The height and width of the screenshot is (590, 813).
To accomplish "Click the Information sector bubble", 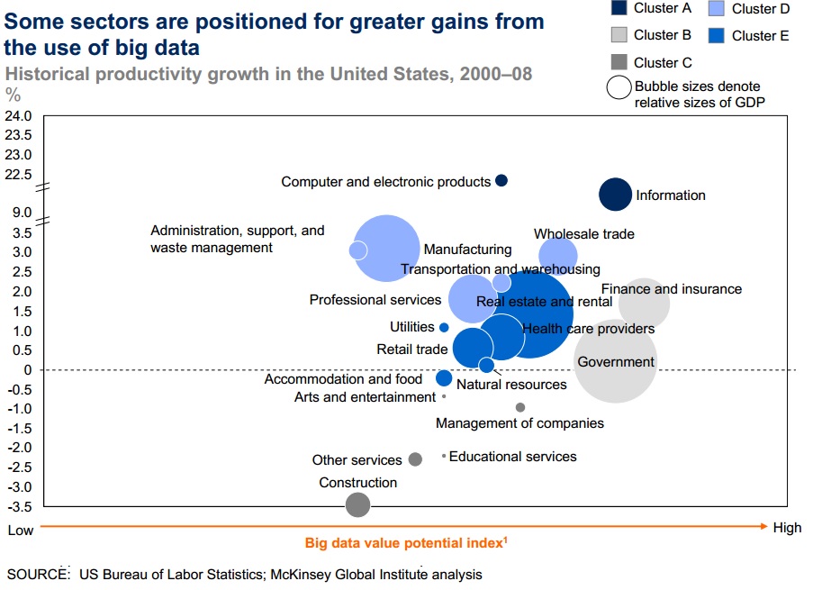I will point(616,194).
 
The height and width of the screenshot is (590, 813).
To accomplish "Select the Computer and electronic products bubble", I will point(501,180).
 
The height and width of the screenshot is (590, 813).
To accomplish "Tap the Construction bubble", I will point(357,504).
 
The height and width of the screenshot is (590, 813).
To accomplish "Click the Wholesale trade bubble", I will point(558,256).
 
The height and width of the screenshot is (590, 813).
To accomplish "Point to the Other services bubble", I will point(415,459).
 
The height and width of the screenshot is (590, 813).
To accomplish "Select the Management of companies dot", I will point(520,407).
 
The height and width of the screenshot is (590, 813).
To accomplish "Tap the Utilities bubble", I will point(444,327).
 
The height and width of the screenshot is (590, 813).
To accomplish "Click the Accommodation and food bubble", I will point(444,378).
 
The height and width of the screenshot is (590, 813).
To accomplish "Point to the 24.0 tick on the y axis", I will point(19,116).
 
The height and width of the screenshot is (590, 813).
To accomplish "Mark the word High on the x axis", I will point(786,529).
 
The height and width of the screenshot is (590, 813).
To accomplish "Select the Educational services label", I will point(512,457).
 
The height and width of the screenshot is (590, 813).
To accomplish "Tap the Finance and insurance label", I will point(672,289).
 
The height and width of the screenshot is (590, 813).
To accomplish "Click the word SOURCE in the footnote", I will point(38,574).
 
